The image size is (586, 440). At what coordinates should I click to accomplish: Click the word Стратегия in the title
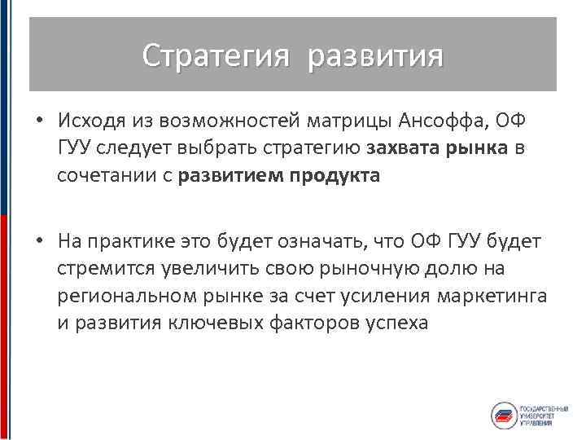[x=216, y=56]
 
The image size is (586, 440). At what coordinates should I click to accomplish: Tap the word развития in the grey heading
[x=376, y=56]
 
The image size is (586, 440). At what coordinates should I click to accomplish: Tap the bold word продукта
[x=335, y=175]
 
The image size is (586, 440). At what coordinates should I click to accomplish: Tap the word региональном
[x=123, y=295]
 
